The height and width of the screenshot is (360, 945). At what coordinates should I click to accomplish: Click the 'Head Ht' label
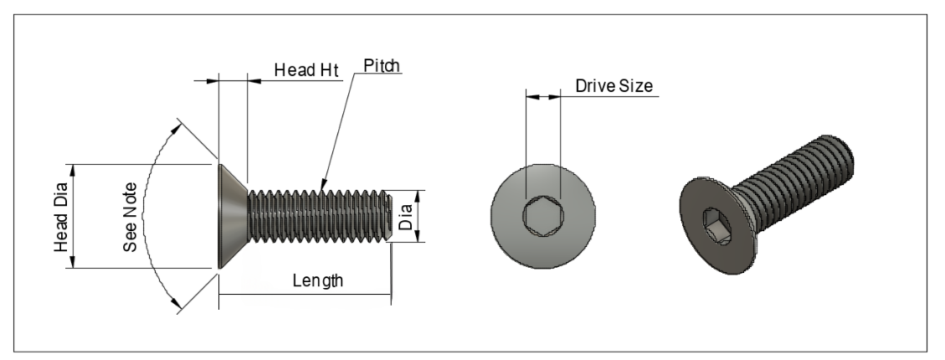click(x=306, y=70)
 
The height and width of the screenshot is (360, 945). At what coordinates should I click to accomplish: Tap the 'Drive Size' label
click(x=614, y=86)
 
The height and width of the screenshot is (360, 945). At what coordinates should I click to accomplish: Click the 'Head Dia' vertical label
click(x=63, y=217)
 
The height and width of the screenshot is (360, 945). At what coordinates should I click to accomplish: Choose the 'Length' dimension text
click(x=317, y=280)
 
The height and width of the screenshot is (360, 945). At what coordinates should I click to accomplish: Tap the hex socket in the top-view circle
click(x=542, y=218)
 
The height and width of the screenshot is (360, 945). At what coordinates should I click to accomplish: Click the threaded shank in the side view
click(x=318, y=217)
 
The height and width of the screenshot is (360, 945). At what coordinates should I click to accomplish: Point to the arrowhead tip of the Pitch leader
click(x=322, y=183)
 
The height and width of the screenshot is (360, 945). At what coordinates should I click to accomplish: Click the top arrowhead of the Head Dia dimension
click(x=74, y=168)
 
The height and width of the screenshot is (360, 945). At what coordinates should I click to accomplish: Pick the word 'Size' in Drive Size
click(x=635, y=86)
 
